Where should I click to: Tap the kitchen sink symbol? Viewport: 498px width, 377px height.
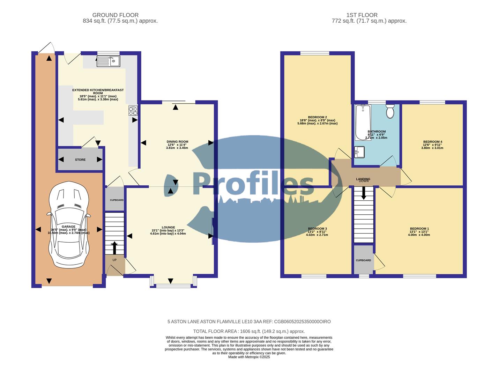[108, 61]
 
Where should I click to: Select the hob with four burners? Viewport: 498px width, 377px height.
[133, 110]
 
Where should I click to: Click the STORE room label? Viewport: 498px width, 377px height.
[80, 160]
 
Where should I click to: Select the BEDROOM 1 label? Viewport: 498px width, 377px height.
[419, 229]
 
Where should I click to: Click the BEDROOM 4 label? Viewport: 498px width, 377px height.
[432, 142]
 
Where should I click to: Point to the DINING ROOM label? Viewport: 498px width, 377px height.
[177, 142]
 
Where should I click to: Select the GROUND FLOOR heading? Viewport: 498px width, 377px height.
[115, 15]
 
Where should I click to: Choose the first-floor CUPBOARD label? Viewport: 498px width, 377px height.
[363, 260]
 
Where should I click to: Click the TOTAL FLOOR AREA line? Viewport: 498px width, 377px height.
[249, 331]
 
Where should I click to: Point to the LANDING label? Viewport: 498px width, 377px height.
[363, 179]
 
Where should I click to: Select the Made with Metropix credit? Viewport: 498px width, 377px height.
[249, 357]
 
